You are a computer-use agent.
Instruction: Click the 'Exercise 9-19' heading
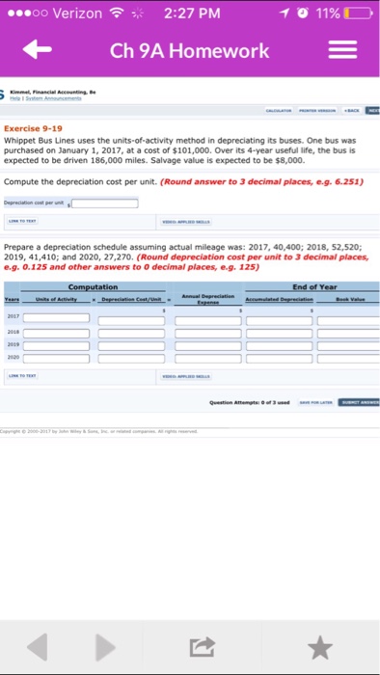[35, 127]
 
